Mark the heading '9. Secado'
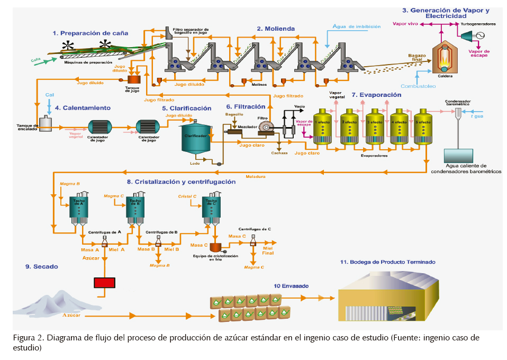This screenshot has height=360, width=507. click(x=42, y=266)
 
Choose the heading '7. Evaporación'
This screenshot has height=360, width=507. click(x=380, y=95)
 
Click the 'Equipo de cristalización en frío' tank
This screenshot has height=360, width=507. click(x=215, y=247)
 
